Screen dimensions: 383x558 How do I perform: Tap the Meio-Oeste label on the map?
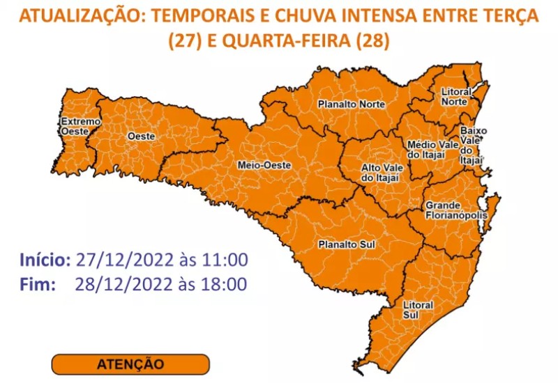click(x=264, y=165)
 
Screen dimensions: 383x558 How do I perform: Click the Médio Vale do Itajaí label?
click(x=432, y=149)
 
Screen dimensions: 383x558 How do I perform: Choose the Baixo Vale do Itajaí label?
click(x=472, y=145)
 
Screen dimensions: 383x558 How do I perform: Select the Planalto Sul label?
click(x=340, y=244)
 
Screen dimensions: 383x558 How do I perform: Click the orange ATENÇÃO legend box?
click(x=130, y=364)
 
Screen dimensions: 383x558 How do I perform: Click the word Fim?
click(x=36, y=283)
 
